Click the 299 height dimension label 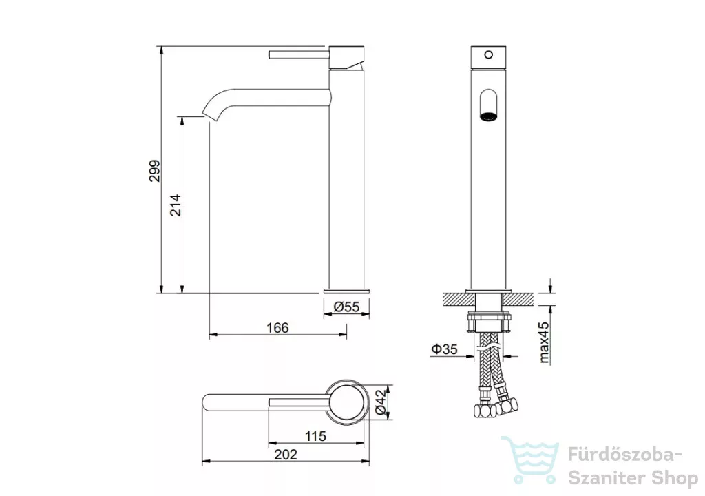tap(154, 171)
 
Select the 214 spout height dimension tap(175, 205)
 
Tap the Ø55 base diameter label tap(347, 307)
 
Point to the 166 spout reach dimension tap(277, 328)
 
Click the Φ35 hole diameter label tap(444, 349)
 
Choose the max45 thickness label tap(544, 342)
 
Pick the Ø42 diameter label tap(380, 402)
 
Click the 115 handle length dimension tap(315, 436)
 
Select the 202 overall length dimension tap(286, 455)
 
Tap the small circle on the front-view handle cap tap(488, 55)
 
